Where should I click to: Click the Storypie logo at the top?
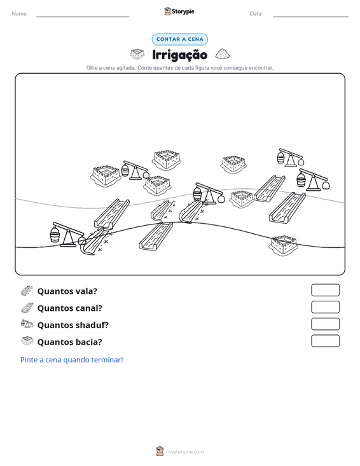[179, 11]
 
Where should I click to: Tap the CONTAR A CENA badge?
[179, 39]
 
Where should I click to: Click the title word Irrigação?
[179, 55]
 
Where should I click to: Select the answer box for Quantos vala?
[325, 290]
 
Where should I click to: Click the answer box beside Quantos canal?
[325, 307]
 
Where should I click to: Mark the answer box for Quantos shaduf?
[325, 324]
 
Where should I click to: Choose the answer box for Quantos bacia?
[325, 341]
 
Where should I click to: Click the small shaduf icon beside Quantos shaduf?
[27, 324]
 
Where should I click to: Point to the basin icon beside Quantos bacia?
[27, 341]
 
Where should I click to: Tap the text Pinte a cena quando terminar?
[72, 360]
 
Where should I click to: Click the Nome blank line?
[83, 17]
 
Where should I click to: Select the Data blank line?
[310, 17]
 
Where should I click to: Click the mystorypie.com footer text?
[185, 452]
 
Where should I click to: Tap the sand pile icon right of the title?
[223, 54]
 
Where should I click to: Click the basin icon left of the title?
[137, 54]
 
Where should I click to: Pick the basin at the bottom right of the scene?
[283, 245]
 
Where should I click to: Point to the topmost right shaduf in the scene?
[291, 158]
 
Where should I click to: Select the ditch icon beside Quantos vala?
[27, 291]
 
